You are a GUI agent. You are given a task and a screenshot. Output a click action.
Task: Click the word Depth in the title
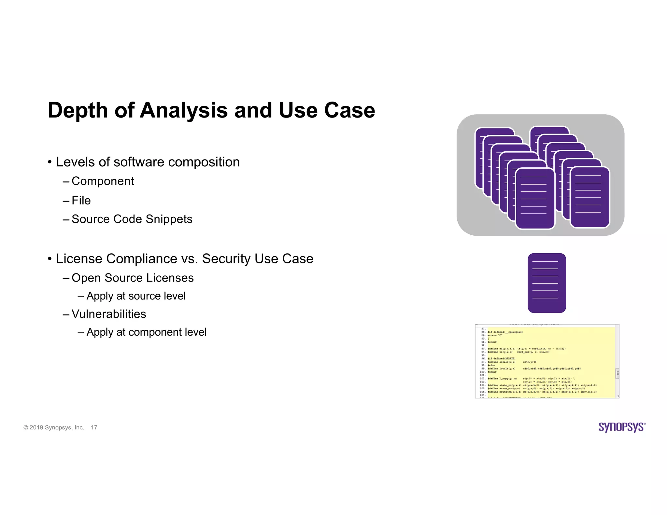click(x=78, y=111)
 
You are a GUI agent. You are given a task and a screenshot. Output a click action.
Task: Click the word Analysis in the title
click(x=183, y=111)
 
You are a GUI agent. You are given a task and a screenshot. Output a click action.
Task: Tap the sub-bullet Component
click(x=103, y=181)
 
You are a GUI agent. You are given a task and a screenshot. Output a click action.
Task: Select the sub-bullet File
click(x=81, y=201)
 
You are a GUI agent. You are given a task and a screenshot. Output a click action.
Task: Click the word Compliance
click(x=142, y=259)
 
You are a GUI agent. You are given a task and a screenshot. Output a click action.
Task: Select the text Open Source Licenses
click(x=133, y=278)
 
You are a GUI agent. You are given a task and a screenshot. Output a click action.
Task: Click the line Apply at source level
click(x=136, y=296)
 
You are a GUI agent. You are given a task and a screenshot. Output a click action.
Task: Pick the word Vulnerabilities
click(x=109, y=314)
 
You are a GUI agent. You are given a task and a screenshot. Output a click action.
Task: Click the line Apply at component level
click(x=146, y=332)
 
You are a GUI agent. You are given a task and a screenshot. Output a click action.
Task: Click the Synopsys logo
click(x=622, y=427)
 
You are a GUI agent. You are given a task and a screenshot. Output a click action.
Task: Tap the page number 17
click(x=94, y=427)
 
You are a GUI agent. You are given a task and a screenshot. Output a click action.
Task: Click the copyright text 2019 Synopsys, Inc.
click(x=57, y=427)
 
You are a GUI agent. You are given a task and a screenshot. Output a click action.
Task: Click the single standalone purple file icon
click(x=546, y=283)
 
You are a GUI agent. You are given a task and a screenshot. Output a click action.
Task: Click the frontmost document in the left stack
click(x=535, y=199)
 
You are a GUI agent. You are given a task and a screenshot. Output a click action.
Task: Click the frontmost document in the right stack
click(x=589, y=197)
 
